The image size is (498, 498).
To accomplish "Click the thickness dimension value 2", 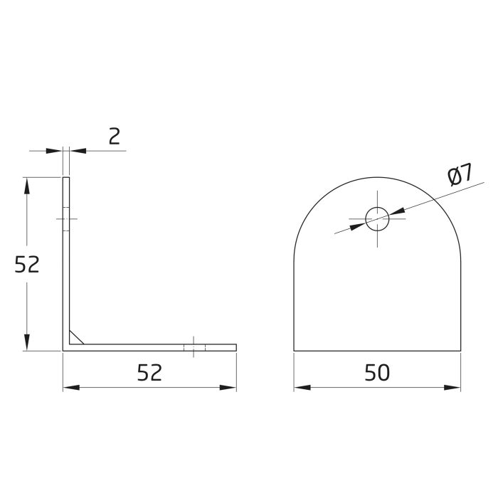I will pos(114,136).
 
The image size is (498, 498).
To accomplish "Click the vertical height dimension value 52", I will pos(27,265).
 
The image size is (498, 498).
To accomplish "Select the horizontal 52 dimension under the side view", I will pos(149,372).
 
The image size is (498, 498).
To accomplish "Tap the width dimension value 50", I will pos(377,372).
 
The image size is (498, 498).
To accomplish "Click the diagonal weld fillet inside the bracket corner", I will pos(78,337).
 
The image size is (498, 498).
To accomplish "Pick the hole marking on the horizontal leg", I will pos(194,347).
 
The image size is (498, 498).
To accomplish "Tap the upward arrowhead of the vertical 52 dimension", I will pos(27,184).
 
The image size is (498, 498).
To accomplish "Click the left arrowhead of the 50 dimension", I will pos(302,388).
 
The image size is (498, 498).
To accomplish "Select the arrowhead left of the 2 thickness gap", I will pos(55,151).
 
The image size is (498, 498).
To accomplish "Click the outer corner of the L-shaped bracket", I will pos(64,350).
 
